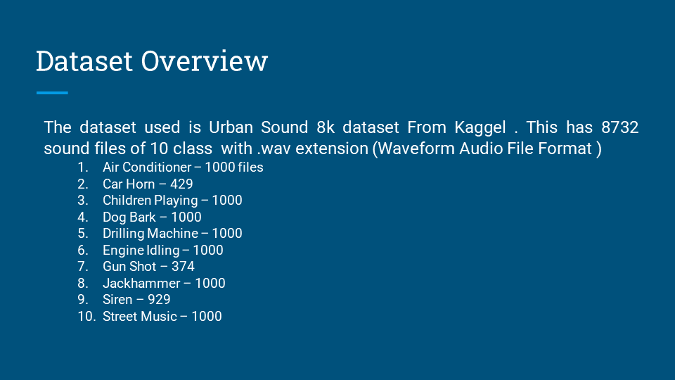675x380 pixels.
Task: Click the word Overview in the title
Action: coord(205,61)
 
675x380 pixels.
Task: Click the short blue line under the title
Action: coord(52,93)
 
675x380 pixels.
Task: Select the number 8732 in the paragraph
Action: coord(619,127)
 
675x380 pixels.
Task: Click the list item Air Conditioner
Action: coord(147,167)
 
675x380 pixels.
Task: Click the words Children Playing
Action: coord(150,201)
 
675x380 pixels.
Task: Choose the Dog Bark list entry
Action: coord(129,217)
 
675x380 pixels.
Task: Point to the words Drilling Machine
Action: coord(150,234)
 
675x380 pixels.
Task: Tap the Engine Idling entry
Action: coord(141,251)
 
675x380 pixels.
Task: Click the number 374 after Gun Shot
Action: coord(183,267)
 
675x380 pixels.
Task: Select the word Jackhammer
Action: coord(139,284)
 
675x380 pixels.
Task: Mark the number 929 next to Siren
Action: coord(158,300)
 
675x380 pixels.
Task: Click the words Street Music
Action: coord(140,317)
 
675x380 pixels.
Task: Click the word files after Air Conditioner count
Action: coord(250,167)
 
